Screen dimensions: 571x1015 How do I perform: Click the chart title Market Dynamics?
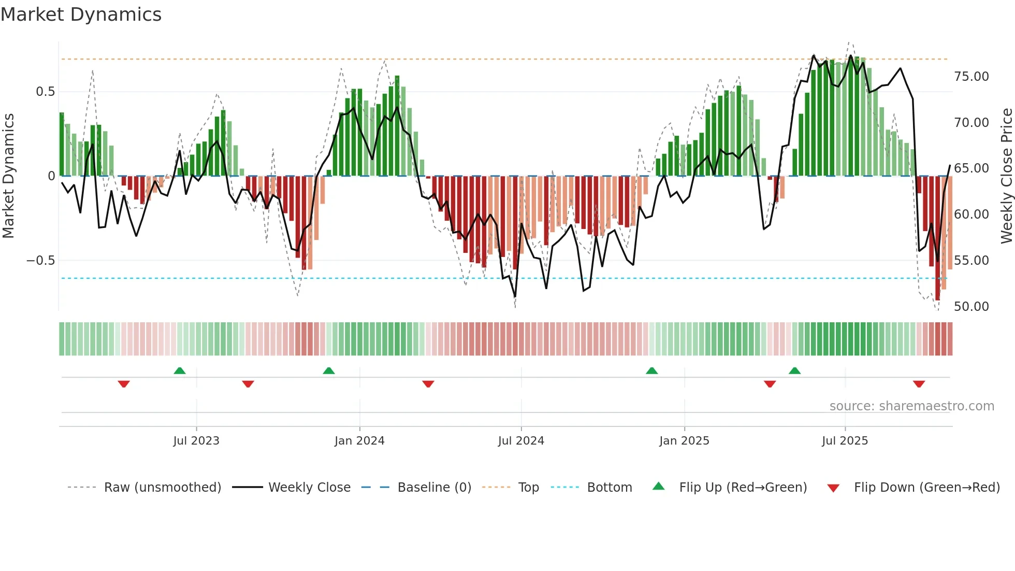tap(81, 15)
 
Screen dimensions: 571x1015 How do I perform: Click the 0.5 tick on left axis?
tap(45, 92)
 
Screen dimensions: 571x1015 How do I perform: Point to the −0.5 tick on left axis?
tap(41, 261)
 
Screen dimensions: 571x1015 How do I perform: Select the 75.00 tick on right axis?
tap(971, 77)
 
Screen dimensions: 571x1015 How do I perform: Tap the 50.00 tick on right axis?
tap(971, 307)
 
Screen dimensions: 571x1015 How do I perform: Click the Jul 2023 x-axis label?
tap(196, 441)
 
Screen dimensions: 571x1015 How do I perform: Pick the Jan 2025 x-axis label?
tap(684, 441)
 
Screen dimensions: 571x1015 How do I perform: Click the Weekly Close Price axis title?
tap(1006, 176)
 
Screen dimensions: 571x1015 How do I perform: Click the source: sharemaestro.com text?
tap(911, 406)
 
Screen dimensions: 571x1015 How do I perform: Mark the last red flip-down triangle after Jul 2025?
tap(919, 384)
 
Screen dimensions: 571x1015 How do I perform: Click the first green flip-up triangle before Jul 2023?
tap(180, 370)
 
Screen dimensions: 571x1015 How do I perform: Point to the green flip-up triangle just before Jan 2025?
tap(652, 370)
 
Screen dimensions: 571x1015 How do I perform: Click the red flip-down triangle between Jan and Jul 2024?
tap(428, 384)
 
